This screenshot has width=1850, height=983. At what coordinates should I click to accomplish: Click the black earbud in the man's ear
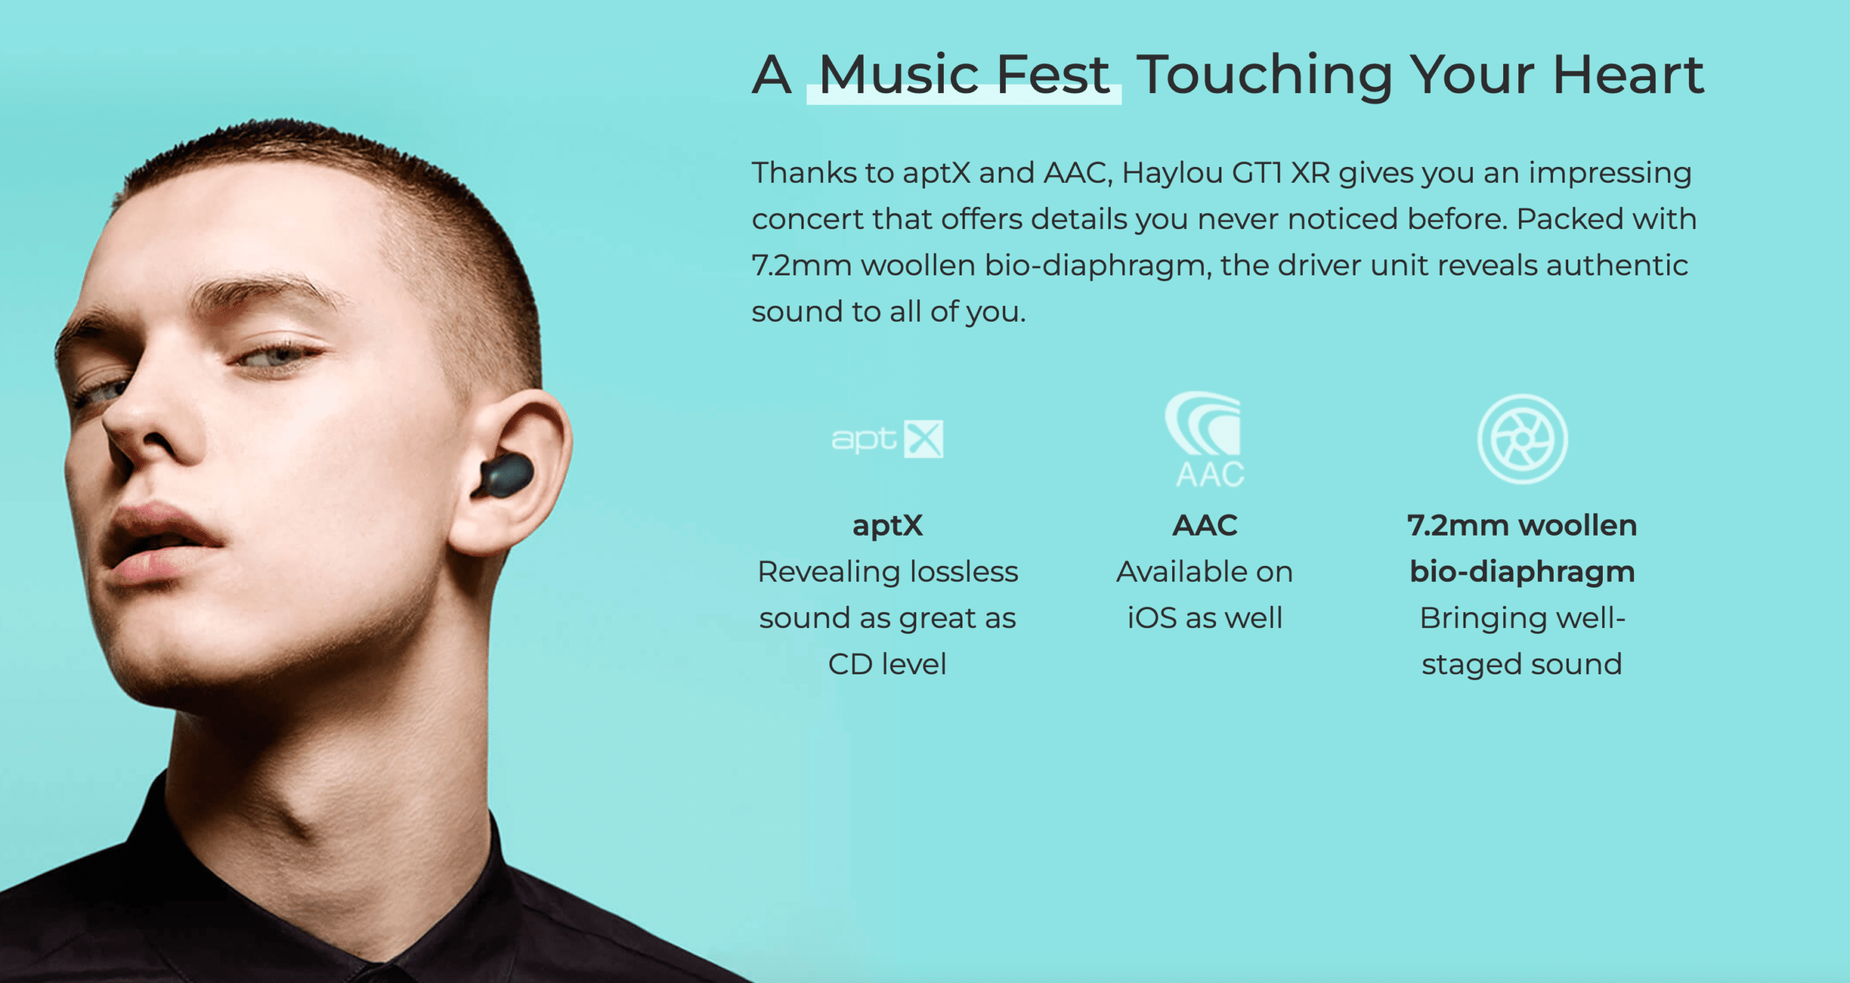tap(504, 475)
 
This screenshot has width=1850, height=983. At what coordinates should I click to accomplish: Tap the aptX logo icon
tap(887, 439)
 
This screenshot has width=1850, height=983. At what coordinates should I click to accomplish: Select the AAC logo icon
tap(1205, 439)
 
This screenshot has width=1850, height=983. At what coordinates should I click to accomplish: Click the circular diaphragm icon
tap(1522, 439)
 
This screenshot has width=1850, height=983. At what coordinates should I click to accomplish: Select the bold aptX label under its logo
tap(887, 526)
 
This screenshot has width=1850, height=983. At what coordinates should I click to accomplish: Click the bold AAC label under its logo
tap(1205, 525)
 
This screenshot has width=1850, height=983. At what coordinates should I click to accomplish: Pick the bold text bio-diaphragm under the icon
tap(1522, 572)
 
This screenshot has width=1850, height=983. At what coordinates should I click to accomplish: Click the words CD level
tap(887, 664)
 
